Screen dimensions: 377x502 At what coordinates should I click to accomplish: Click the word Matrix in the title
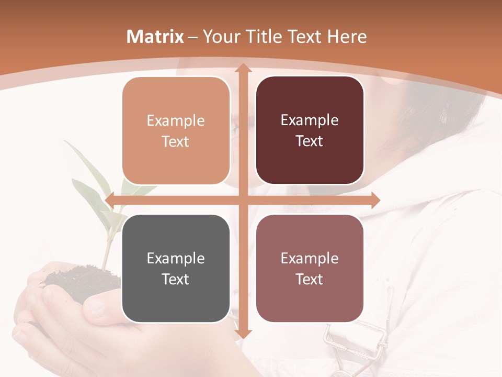[155, 37]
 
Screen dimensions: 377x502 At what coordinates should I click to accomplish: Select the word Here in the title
[347, 37]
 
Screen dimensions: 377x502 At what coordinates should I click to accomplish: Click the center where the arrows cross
[243, 200]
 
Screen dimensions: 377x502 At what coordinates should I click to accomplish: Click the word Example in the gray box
[176, 258]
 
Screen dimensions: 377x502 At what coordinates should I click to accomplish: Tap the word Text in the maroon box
[310, 141]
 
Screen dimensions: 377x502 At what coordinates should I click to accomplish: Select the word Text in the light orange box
[176, 142]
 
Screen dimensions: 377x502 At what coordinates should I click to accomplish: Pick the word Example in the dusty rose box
[310, 258]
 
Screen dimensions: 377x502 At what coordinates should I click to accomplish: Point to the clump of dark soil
[78, 280]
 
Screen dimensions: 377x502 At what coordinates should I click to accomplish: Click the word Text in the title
[305, 37]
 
